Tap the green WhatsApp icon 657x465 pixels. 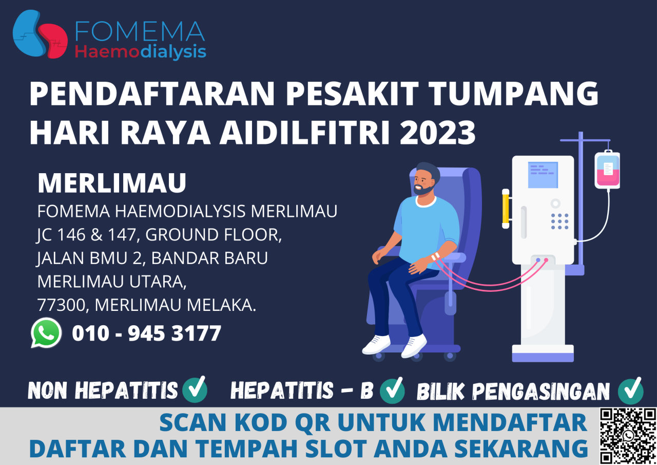click(46, 333)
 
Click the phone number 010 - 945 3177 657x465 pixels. click(146, 333)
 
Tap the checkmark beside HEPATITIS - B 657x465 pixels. click(392, 390)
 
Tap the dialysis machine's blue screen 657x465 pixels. click(543, 175)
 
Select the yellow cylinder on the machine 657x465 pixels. click(506, 208)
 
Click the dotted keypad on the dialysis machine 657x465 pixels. click(559, 221)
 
